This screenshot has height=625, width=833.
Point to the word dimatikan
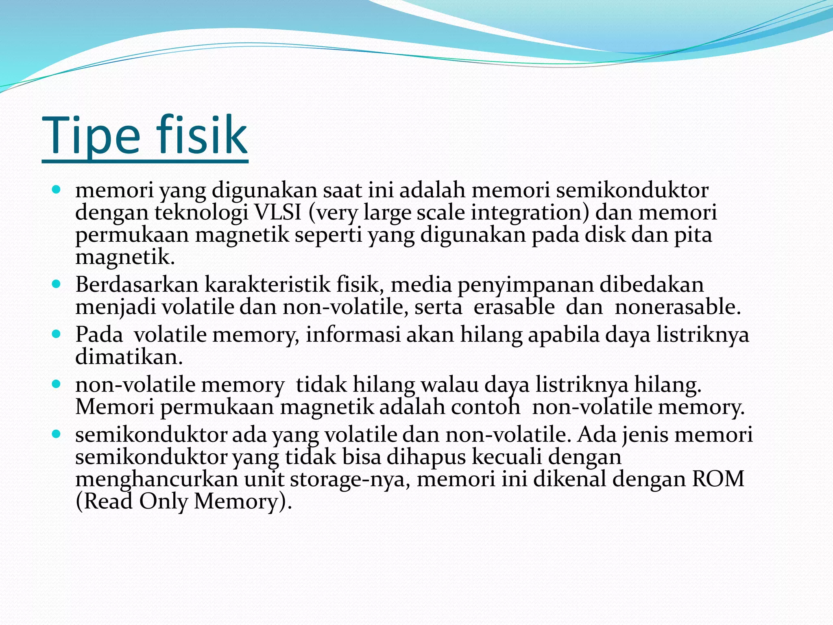coord(129,357)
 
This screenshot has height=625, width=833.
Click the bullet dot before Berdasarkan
coord(57,284)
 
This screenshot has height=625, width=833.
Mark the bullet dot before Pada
coord(57,334)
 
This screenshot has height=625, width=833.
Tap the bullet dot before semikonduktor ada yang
coord(57,434)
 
